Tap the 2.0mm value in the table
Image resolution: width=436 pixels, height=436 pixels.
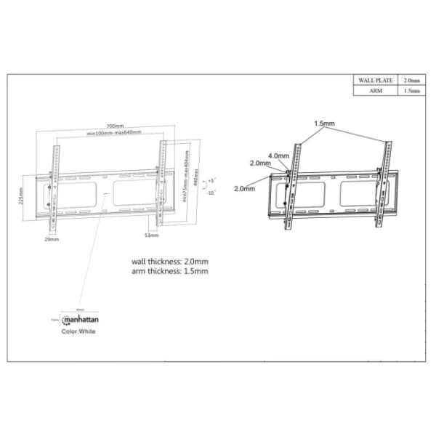pyautogui.click(x=411, y=80)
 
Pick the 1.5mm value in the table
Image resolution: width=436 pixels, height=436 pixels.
pyautogui.click(x=411, y=91)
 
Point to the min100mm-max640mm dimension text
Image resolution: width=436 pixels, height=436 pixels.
pyautogui.click(x=114, y=134)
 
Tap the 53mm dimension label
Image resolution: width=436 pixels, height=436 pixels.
pyautogui.click(x=151, y=235)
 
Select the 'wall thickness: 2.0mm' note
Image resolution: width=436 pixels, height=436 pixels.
pyautogui.click(x=169, y=261)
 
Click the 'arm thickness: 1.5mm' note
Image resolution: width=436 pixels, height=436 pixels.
pyautogui.click(x=169, y=271)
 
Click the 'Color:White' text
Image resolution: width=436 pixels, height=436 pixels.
pyautogui.click(x=78, y=331)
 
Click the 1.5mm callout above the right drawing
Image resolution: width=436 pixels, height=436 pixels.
pyautogui.click(x=324, y=124)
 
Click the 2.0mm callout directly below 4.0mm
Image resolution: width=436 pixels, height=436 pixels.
pyautogui.click(x=260, y=163)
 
